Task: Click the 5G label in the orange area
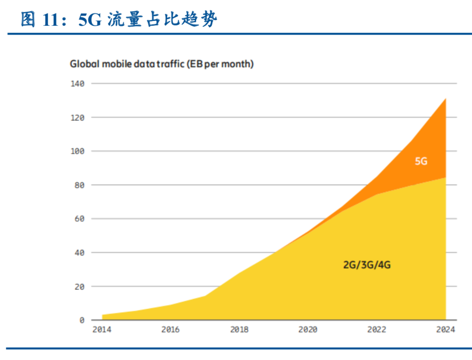421,161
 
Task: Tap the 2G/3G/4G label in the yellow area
366,265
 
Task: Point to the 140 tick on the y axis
78,83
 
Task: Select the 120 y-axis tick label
78,117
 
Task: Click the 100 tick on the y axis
78,151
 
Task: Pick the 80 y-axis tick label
80,185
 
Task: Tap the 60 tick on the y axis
80,219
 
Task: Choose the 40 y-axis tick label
80,253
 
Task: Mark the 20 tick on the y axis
80,286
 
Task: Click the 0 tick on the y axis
81,320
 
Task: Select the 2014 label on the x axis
102,330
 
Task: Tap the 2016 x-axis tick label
170,330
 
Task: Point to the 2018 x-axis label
239,330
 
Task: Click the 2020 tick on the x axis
308,330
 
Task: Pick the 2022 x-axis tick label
377,330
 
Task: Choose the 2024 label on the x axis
446,330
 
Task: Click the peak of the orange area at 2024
445,99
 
